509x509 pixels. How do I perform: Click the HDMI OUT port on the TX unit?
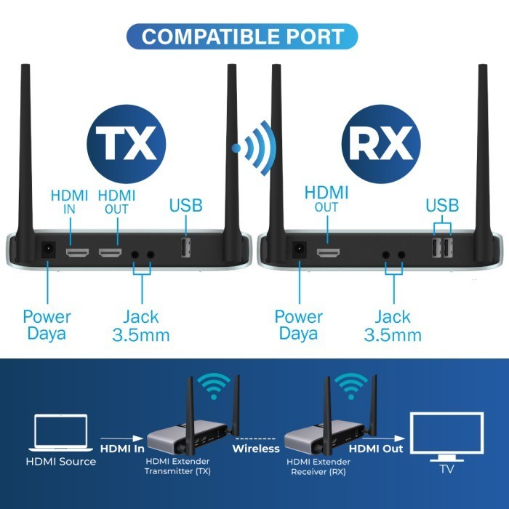tap(111, 253)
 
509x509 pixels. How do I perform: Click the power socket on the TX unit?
tap(48, 251)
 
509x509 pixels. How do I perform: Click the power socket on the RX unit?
tap(298, 251)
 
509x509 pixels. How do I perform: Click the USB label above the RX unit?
tap(442, 206)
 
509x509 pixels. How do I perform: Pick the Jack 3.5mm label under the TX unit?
tap(141, 326)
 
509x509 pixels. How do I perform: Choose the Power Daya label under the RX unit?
tap(298, 326)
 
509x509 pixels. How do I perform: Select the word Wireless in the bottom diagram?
tap(256, 449)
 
